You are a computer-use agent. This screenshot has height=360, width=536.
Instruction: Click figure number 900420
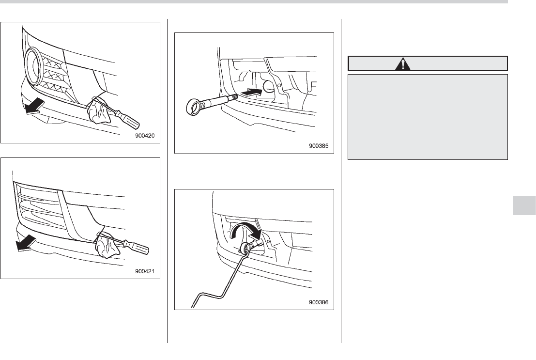coord(145,136)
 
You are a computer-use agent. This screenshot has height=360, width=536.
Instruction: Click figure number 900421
coord(145,272)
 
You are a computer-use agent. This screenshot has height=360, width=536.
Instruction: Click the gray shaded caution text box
coord(428,117)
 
